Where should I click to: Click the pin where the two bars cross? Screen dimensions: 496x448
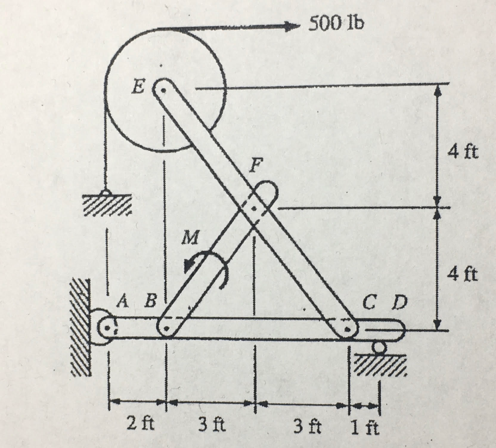(x=254, y=208)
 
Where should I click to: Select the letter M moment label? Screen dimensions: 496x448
(x=191, y=237)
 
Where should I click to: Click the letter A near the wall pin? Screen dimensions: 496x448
(x=123, y=303)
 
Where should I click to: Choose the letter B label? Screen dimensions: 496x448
(x=151, y=303)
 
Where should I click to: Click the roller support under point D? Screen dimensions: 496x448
(x=379, y=347)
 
